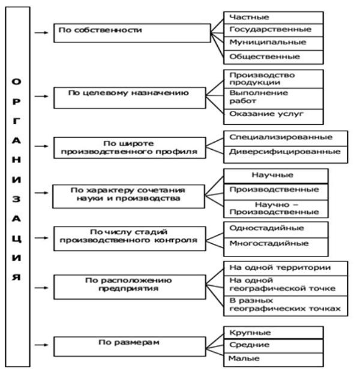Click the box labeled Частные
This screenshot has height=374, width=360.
point(272,17)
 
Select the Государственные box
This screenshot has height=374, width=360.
point(272,31)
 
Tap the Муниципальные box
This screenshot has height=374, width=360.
point(272,44)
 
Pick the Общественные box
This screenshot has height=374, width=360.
point(272,57)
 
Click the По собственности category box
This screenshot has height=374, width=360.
point(131,32)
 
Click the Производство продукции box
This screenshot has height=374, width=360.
point(272,79)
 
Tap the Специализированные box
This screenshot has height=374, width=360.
point(285,138)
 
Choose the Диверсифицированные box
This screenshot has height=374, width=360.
point(285,153)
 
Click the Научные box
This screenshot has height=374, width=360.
point(275,175)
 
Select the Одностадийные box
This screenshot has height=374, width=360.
point(275,230)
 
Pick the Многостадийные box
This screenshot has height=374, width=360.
point(275,245)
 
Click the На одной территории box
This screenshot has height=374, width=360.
point(285,267)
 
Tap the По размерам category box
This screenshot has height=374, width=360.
point(131,345)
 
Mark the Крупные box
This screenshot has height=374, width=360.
point(272,333)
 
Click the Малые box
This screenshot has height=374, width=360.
point(272,360)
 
